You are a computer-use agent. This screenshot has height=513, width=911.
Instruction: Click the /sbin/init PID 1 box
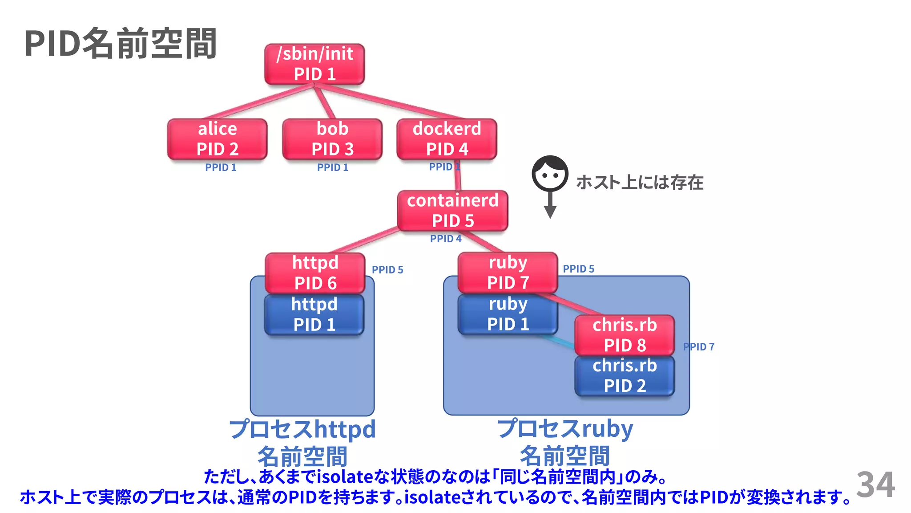tap(314, 64)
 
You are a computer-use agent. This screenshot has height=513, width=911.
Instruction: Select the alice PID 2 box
tap(217, 139)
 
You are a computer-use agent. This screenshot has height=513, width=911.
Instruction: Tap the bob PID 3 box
tap(332, 139)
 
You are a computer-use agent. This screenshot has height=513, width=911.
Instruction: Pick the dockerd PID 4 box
tap(447, 139)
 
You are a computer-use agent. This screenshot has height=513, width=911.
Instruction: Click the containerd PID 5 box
tap(452, 211)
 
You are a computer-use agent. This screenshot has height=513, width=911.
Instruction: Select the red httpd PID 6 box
tap(315, 273)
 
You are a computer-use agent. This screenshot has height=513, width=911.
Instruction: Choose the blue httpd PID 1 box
tap(314, 314)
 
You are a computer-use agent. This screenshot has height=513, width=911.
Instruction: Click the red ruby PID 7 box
tap(508, 273)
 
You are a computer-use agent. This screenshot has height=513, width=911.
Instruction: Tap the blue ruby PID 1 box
tap(508, 314)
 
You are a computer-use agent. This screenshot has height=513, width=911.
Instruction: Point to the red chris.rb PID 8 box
tap(625, 335)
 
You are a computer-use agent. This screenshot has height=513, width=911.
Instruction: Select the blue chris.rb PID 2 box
tap(625, 375)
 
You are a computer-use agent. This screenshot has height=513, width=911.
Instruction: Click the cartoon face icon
tap(550, 174)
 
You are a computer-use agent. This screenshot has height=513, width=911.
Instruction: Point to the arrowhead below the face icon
tap(550, 212)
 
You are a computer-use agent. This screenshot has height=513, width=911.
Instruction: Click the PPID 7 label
tap(699, 347)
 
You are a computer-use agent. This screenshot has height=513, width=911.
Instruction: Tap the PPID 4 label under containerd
tap(446, 239)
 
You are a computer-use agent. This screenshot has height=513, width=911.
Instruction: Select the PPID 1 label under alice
tap(221, 167)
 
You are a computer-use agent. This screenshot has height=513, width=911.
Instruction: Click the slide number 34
tap(875, 484)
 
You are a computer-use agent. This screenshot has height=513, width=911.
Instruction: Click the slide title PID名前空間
tap(121, 44)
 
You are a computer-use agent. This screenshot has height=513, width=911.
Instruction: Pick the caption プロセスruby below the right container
tap(565, 429)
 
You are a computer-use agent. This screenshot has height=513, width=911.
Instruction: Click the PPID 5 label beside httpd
tap(387, 270)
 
